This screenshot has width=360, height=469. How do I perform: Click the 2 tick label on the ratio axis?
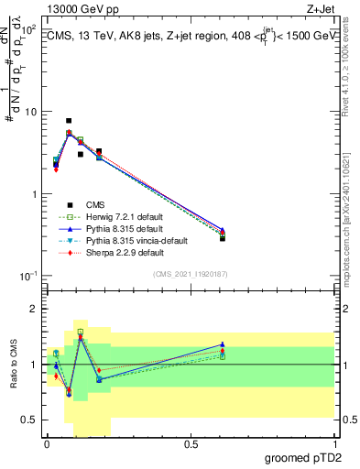coord(35,310)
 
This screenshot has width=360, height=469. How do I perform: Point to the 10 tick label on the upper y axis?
coord(30,112)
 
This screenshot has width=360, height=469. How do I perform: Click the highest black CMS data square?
coord(69,121)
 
